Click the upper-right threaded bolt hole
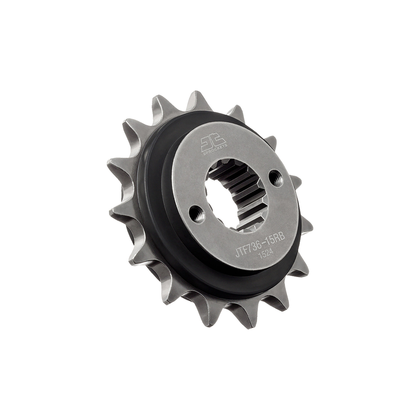(276, 178)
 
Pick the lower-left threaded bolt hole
(197, 215)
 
